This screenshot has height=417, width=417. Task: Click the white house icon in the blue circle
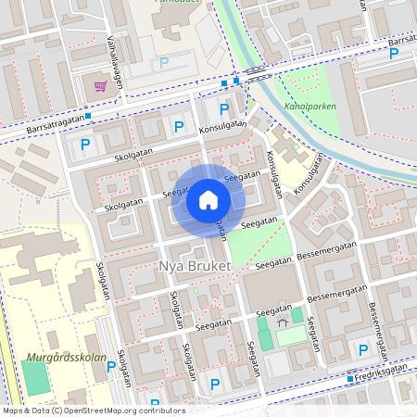point(208,200)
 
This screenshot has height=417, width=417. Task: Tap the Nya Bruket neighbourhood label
point(194,266)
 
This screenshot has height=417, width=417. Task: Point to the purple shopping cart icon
point(100,85)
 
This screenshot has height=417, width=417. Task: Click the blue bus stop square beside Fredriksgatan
point(351,379)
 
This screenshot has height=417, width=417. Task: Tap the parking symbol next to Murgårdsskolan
point(112,367)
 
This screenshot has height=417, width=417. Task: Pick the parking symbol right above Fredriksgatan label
point(363,349)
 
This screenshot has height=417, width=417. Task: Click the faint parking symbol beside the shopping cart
point(165,63)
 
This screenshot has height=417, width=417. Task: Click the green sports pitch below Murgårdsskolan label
point(34,378)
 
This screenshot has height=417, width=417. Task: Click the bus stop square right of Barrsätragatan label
point(87,117)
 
